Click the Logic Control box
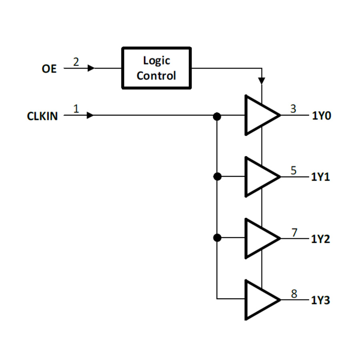[x=156, y=68]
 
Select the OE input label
[x=49, y=69]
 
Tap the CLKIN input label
[x=42, y=116]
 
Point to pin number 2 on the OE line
[x=76, y=62]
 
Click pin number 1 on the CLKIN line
[x=76, y=108]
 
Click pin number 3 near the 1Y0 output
[x=294, y=108]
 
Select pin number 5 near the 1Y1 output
[x=294, y=170]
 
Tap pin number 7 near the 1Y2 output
[x=294, y=232]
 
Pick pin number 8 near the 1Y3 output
[x=294, y=294]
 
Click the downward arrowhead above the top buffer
[x=261, y=81]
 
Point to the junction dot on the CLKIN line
[x=217, y=116]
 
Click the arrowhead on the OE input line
[x=91, y=68]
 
